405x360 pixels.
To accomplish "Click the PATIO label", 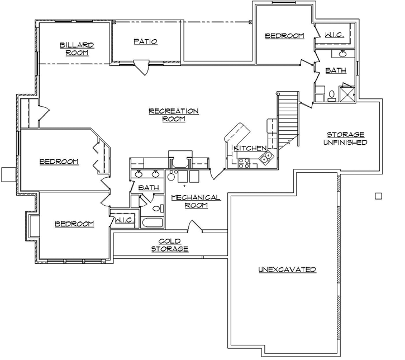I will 145,41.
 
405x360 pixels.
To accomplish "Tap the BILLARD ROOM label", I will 77,49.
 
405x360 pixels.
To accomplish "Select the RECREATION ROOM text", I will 173,115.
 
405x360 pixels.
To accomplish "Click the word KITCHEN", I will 249,148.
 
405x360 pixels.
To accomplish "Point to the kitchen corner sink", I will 268,155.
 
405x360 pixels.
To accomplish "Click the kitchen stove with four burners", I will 244,163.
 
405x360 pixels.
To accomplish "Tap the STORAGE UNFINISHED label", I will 345,138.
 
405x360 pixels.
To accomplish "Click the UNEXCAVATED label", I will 287,269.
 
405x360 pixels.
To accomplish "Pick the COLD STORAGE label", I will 169,245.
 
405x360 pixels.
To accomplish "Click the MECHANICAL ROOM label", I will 196,201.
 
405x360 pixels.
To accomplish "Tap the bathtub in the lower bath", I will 151,224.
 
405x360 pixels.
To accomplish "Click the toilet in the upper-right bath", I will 331,95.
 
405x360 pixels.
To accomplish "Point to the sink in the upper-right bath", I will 342,54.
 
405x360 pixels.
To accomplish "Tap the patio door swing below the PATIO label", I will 143,69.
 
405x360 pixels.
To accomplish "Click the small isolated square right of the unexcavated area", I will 378,196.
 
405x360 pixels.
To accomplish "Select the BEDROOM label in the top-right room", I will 284,36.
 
